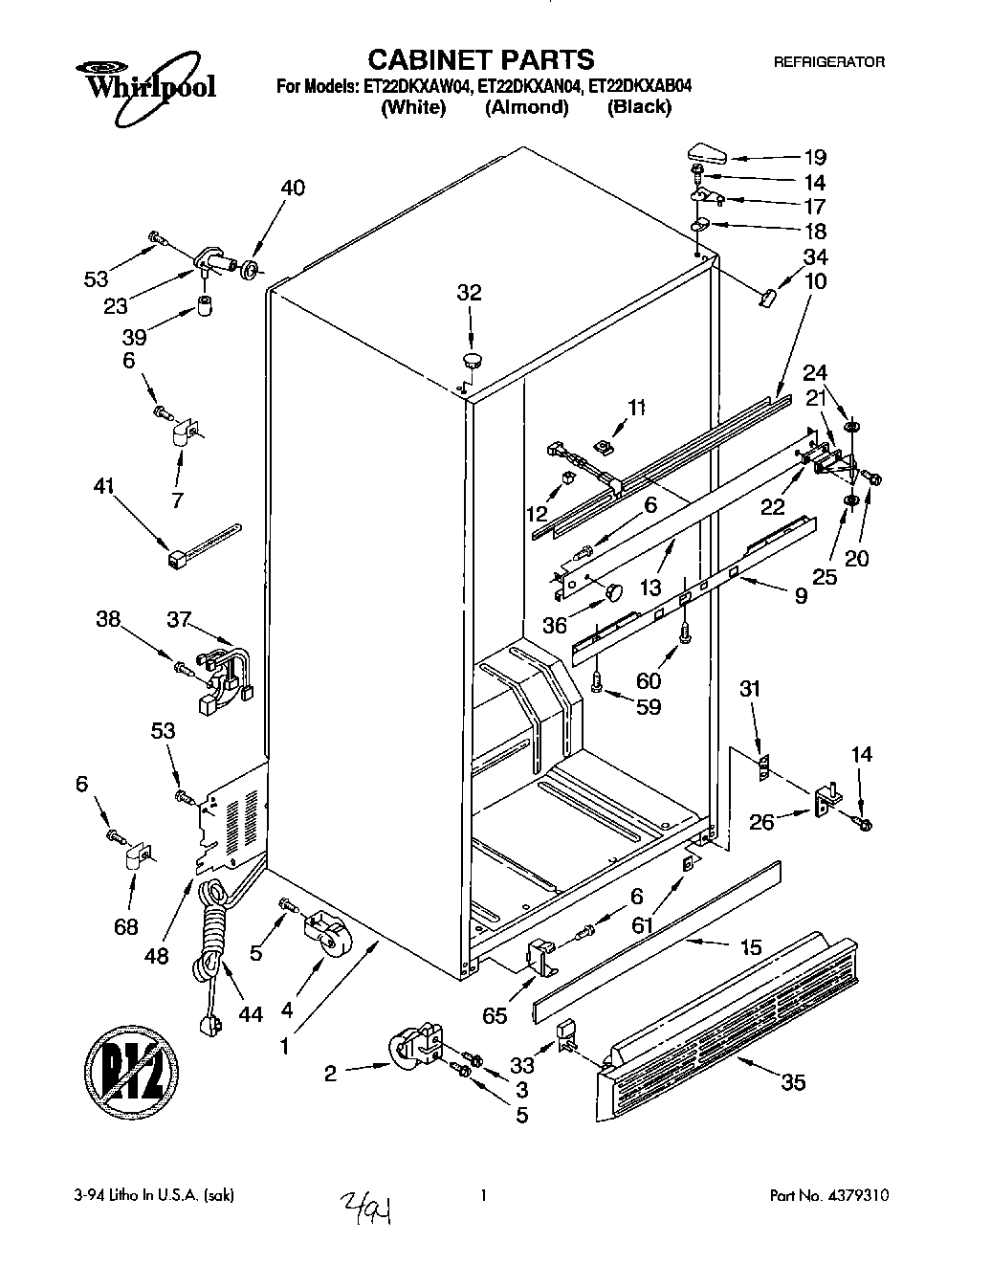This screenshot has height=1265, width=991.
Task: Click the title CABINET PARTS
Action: pos(482,59)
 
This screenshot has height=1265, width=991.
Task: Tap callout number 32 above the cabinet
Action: pos(469,293)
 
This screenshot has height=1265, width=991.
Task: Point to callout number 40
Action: pos(293,189)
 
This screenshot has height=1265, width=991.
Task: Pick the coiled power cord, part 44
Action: pos(212,947)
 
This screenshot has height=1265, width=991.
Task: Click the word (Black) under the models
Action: pos(639,107)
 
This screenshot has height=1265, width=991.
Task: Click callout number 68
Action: pos(125,926)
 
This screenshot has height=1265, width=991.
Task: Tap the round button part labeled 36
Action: pos(612,589)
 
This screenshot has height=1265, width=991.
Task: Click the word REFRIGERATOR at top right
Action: pos(828,62)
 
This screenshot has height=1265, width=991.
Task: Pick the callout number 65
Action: pos(495,1016)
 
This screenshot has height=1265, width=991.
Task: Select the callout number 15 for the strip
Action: pos(751,947)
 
